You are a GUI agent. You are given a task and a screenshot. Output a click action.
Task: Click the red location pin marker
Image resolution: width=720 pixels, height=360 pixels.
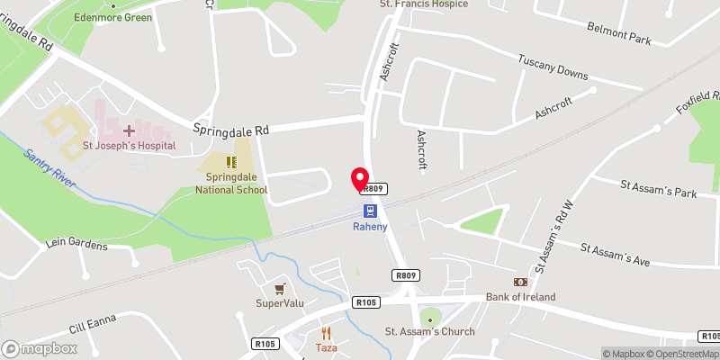(360, 178)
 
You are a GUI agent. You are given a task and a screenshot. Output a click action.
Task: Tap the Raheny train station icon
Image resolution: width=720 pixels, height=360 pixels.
(370, 211)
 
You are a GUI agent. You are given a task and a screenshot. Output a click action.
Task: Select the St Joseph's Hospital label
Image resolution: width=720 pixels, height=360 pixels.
(128, 145)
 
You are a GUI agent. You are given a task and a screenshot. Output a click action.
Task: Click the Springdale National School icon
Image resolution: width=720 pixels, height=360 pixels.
(231, 162)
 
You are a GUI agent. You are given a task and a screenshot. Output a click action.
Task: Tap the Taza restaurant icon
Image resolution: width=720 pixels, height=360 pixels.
(325, 332)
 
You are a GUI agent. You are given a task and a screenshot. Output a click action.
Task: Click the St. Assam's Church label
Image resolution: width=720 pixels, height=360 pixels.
(429, 331)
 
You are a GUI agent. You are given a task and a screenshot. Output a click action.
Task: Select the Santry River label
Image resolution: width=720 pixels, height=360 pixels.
(51, 168)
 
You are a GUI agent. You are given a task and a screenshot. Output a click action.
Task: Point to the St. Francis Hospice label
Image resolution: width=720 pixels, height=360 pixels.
(422, 4)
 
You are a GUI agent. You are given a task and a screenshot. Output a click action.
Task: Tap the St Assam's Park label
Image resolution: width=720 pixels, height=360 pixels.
(659, 188)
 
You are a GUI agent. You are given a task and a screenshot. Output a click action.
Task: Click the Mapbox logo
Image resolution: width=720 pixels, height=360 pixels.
(40, 348)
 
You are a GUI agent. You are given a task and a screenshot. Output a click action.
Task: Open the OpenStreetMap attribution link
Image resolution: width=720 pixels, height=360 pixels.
(681, 354)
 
